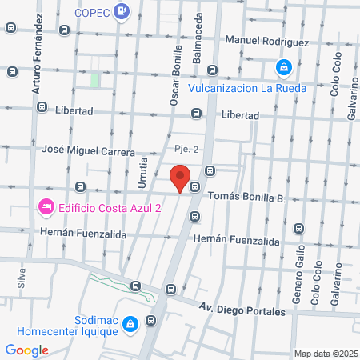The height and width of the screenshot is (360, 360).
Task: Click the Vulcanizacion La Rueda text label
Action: click(x=247, y=88)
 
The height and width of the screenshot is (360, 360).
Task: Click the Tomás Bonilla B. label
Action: click(x=246, y=195)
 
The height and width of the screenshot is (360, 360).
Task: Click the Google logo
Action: click(x=26, y=350)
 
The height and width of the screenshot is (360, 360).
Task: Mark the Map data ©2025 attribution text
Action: click(x=323, y=354)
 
